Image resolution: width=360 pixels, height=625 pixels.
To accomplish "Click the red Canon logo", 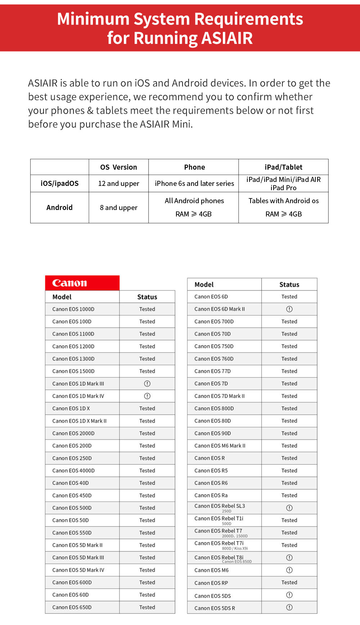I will coord(69,283).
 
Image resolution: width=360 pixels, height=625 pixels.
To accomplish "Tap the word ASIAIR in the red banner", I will coord(227,38).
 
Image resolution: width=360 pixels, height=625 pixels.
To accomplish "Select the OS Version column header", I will coord(118,167).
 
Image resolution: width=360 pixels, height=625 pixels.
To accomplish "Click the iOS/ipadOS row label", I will coord(59,183).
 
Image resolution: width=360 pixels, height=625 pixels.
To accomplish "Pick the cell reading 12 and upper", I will coord(118,183).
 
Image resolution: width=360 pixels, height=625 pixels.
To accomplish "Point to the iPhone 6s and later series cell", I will coord(194,183).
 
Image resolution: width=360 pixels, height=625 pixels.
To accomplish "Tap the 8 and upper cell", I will coord(118,207).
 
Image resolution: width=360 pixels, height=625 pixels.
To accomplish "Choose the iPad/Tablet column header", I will coord(283,167).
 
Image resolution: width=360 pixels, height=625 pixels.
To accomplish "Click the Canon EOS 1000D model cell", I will coord(73,309).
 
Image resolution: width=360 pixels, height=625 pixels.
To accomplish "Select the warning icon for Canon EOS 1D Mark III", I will coord(147,384).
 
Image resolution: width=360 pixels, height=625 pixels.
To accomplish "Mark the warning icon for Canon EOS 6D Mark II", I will coord(289,309).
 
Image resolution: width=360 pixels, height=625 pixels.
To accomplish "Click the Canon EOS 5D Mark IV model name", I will coord(78,570).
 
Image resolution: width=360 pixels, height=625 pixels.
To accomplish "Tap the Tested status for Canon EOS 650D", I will coord(147,607).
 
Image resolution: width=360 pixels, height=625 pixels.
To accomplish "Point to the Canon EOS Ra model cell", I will coord(211,495).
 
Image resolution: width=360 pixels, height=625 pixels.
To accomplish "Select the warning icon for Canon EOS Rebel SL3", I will coord(289,508).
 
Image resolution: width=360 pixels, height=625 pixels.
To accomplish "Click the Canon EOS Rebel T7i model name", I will coord(219,543).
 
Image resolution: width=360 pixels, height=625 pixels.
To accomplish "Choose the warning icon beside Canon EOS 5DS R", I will coord(289,607).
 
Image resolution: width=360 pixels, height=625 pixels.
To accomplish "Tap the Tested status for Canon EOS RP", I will coord(289,582).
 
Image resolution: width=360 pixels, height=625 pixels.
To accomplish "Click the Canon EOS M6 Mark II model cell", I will coord(220,446).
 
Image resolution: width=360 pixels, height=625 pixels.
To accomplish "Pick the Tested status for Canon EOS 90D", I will coord(289,433).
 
